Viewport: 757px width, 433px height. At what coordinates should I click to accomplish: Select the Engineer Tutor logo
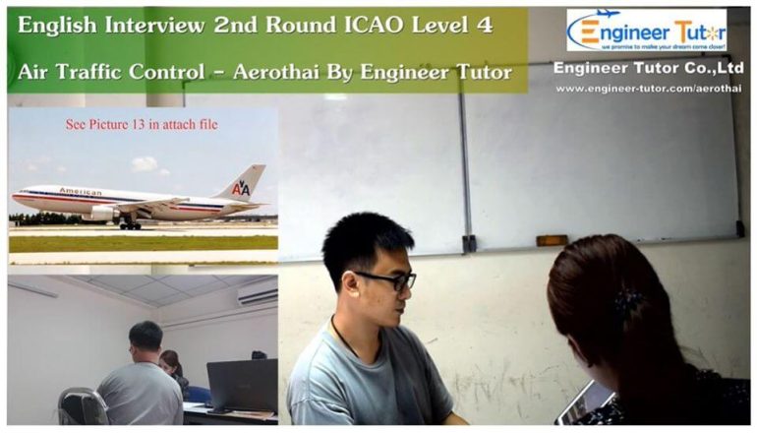646,31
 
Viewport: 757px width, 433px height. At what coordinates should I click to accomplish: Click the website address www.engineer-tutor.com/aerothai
648,89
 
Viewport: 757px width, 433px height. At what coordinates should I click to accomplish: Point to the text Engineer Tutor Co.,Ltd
648,68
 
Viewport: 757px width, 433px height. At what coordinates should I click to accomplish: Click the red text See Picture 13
142,125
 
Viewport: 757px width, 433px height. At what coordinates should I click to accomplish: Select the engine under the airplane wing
103,212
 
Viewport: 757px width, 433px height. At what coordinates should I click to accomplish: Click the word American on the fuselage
80,191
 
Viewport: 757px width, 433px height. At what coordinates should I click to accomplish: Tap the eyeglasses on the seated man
387,280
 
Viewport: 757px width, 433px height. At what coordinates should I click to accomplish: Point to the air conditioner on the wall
258,294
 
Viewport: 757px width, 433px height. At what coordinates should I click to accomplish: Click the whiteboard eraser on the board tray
552,239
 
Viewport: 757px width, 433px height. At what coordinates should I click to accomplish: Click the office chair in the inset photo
82,406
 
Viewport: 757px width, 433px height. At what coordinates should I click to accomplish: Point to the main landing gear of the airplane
129,223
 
